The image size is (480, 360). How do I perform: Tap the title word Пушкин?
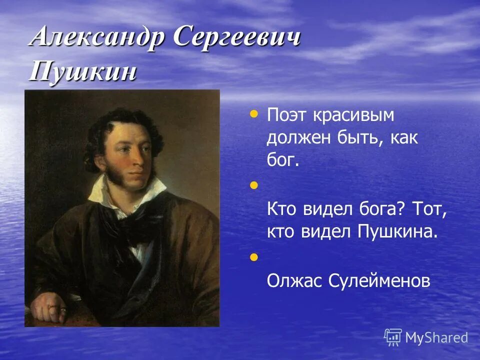[x=83, y=72]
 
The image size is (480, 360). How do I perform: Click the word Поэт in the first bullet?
[x=287, y=115]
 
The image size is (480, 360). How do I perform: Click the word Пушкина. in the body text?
[x=395, y=232]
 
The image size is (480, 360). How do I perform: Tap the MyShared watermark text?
[x=436, y=337]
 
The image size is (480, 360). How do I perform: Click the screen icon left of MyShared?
[x=393, y=337]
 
